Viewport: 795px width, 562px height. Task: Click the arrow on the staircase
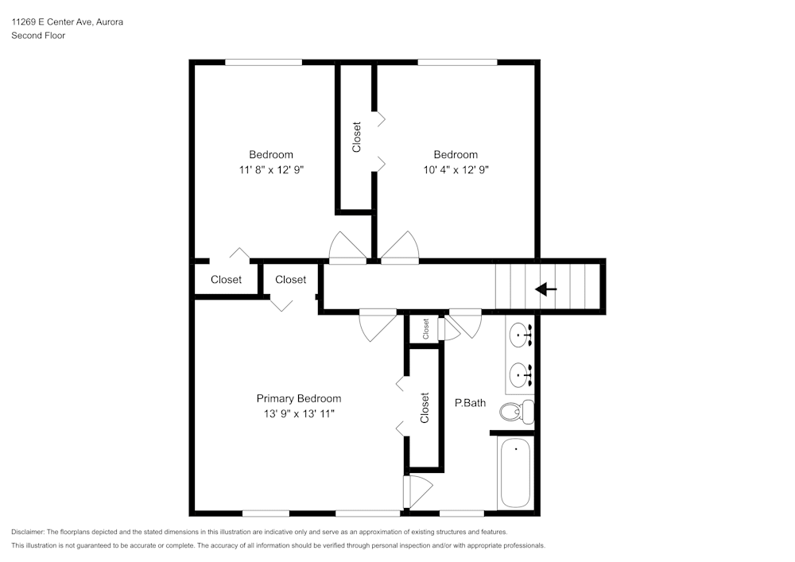pos(546,289)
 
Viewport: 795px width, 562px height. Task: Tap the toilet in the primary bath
pos(516,412)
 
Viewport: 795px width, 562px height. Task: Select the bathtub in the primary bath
pos(515,473)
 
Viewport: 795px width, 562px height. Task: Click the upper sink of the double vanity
pos(521,335)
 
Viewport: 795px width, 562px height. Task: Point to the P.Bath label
pos(470,403)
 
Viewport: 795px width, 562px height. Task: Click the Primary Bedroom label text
pos(299,398)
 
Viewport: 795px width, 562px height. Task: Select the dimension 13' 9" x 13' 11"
pos(299,413)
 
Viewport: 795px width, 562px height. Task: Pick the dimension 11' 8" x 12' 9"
pos(271,169)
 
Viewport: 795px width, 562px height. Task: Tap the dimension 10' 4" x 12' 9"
pos(456,169)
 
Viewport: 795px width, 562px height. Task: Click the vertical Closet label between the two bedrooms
pos(357,137)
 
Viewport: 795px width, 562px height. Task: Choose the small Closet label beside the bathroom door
pos(426,328)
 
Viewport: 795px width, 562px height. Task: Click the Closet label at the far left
pos(226,280)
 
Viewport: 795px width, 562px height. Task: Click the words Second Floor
pos(38,36)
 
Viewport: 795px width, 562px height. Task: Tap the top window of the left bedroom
pos(263,62)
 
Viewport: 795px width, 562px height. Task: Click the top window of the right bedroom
pos(457,62)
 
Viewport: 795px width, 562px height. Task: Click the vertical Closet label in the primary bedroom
pos(425,408)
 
